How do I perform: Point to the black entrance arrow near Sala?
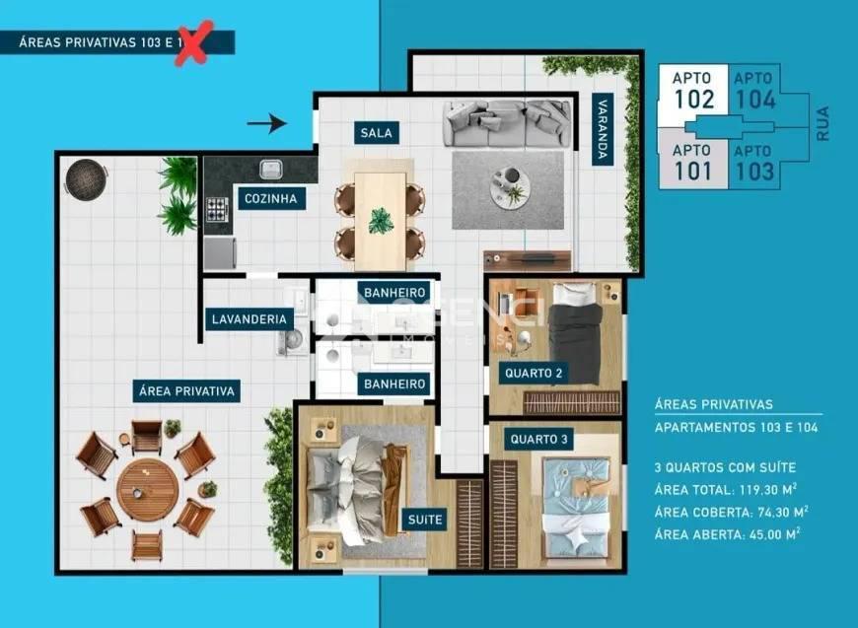(265, 123)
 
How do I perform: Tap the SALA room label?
(373, 133)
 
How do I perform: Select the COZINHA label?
(270, 198)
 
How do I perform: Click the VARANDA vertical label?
(599, 128)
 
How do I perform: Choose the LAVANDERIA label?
(250, 318)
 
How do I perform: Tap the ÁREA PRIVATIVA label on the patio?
(185, 391)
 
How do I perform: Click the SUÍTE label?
(425, 519)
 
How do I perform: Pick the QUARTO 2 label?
(533, 374)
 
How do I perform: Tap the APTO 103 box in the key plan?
(753, 161)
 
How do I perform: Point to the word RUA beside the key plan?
(822, 125)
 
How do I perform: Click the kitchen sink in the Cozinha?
(271, 169)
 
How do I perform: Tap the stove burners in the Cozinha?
(217, 209)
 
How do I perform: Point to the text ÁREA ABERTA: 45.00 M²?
(727, 532)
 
